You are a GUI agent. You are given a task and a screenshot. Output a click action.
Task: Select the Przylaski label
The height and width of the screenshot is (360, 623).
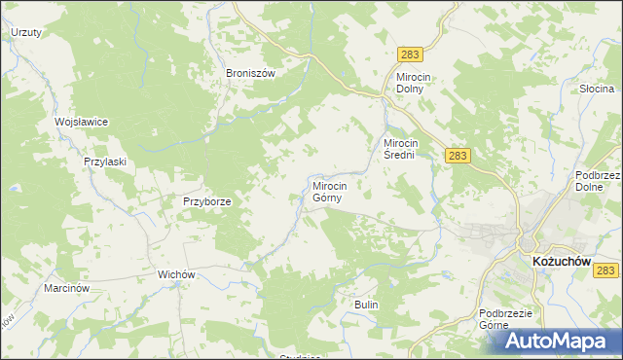105,162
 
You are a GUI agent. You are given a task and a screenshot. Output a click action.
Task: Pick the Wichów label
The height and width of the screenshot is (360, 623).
178,274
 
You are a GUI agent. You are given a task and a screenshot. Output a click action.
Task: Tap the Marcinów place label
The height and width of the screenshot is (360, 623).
67,289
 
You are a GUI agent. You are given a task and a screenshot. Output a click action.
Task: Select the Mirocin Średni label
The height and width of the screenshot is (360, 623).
404,148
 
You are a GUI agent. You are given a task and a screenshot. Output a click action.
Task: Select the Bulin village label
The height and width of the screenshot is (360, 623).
366,305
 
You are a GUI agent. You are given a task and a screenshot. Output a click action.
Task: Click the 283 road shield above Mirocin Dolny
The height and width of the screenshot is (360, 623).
409,57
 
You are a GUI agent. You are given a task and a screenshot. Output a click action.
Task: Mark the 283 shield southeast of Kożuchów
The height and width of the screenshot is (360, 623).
606,271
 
